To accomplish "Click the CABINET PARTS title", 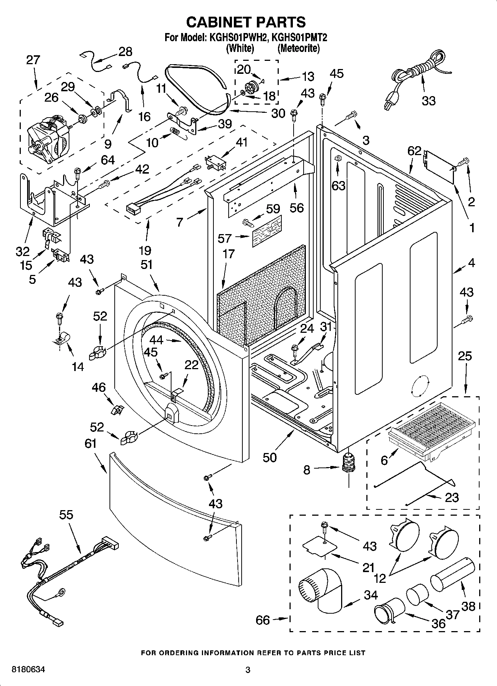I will click(x=246, y=22).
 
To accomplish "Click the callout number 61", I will click(x=91, y=443).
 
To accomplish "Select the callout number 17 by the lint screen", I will click(x=229, y=254).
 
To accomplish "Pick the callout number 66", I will click(x=263, y=620).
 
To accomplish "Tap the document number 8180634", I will click(x=29, y=670).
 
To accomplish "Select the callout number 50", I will click(x=270, y=457).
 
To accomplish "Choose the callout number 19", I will click(x=145, y=250).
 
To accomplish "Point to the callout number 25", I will click(x=464, y=356).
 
